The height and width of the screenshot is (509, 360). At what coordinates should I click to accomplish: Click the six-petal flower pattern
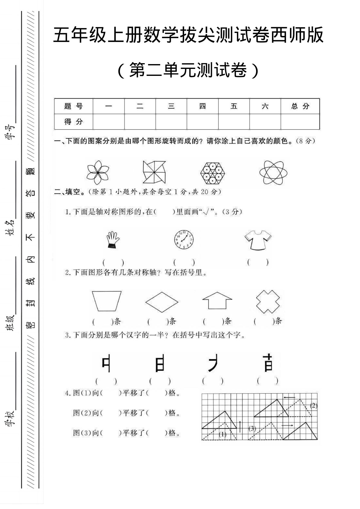click(97, 172)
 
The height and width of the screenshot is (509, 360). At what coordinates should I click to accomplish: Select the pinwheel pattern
click(154, 172)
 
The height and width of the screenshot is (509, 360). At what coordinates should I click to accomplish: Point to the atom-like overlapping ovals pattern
click(273, 172)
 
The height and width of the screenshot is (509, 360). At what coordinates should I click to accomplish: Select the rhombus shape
click(162, 301)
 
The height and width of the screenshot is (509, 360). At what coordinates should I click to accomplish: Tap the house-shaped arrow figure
click(217, 300)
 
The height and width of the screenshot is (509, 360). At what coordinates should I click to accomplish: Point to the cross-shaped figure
click(268, 301)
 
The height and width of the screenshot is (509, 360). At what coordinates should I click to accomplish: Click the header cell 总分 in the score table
click(300, 106)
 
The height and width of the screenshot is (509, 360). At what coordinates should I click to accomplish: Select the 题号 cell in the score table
click(73, 106)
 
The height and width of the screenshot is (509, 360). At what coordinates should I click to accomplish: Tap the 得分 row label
click(73, 122)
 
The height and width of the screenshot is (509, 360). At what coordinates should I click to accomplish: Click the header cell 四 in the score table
click(202, 106)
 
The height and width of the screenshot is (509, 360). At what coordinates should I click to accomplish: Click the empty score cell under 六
click(265, 122)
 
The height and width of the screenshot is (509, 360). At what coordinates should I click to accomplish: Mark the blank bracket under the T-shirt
click(258, 262)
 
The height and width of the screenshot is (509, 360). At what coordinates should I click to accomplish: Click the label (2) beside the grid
click(313, 406)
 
